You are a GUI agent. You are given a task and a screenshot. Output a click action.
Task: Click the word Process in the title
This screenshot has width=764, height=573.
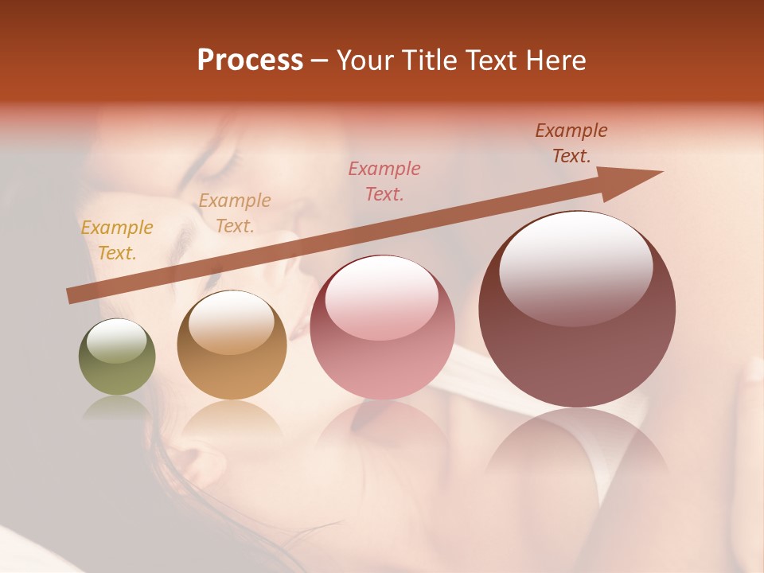click(x=250, y=60)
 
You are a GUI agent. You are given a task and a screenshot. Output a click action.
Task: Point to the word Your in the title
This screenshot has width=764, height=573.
click(x=366, y=60)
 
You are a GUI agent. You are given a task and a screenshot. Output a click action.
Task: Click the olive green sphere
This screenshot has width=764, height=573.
click(x=117, y=357)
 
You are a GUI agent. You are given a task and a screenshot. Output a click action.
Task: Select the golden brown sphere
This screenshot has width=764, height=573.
click(x=232, y=345)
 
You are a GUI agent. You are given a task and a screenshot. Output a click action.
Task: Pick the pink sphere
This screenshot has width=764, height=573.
click(x=382, y=328)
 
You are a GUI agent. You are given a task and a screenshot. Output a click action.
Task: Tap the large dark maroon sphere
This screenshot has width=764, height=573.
click(x=577, y=310)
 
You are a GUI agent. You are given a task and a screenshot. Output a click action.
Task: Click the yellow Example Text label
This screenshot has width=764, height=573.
click(x=117, y=240)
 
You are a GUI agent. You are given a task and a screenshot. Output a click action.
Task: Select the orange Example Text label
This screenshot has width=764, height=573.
click(x=235, y=213)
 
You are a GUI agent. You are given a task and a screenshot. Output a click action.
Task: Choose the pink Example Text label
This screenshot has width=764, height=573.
click(x=384, y=181)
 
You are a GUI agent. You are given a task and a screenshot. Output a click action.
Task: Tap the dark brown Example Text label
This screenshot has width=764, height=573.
click(x=571, y=143)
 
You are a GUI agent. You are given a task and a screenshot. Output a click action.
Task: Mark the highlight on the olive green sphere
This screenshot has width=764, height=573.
click(x=117, y=341)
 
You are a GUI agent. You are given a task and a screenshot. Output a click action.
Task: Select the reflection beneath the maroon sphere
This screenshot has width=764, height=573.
click(x=577, y=446)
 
